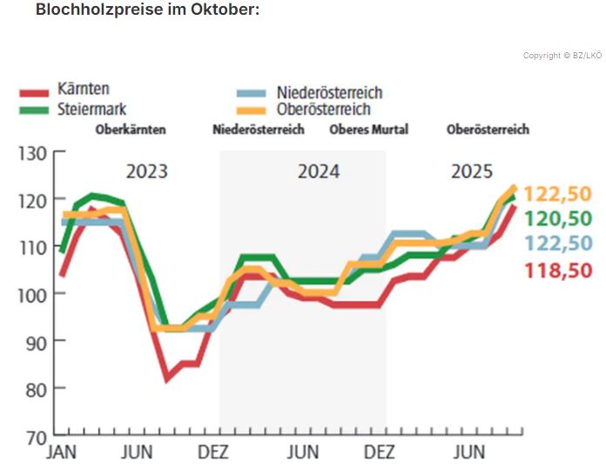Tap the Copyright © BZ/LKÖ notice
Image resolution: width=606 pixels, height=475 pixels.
[562, 56]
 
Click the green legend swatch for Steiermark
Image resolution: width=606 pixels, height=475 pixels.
[34, 110]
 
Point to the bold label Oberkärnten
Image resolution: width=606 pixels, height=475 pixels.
[130, 130]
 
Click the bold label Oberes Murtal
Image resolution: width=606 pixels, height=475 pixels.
[368, 130]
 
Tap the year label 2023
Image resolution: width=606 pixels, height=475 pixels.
[146, 171]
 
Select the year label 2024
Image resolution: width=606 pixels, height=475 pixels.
[319, 171]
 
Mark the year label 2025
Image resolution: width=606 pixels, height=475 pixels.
[471, 171]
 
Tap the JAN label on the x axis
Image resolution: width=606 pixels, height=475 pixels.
[62, 452]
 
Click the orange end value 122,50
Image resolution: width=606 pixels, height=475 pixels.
[557, 193]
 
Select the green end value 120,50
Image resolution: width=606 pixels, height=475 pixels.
[557, 218]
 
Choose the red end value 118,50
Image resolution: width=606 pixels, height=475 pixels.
[557, 270]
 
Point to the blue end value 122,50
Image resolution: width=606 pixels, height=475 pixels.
[557, 244]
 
